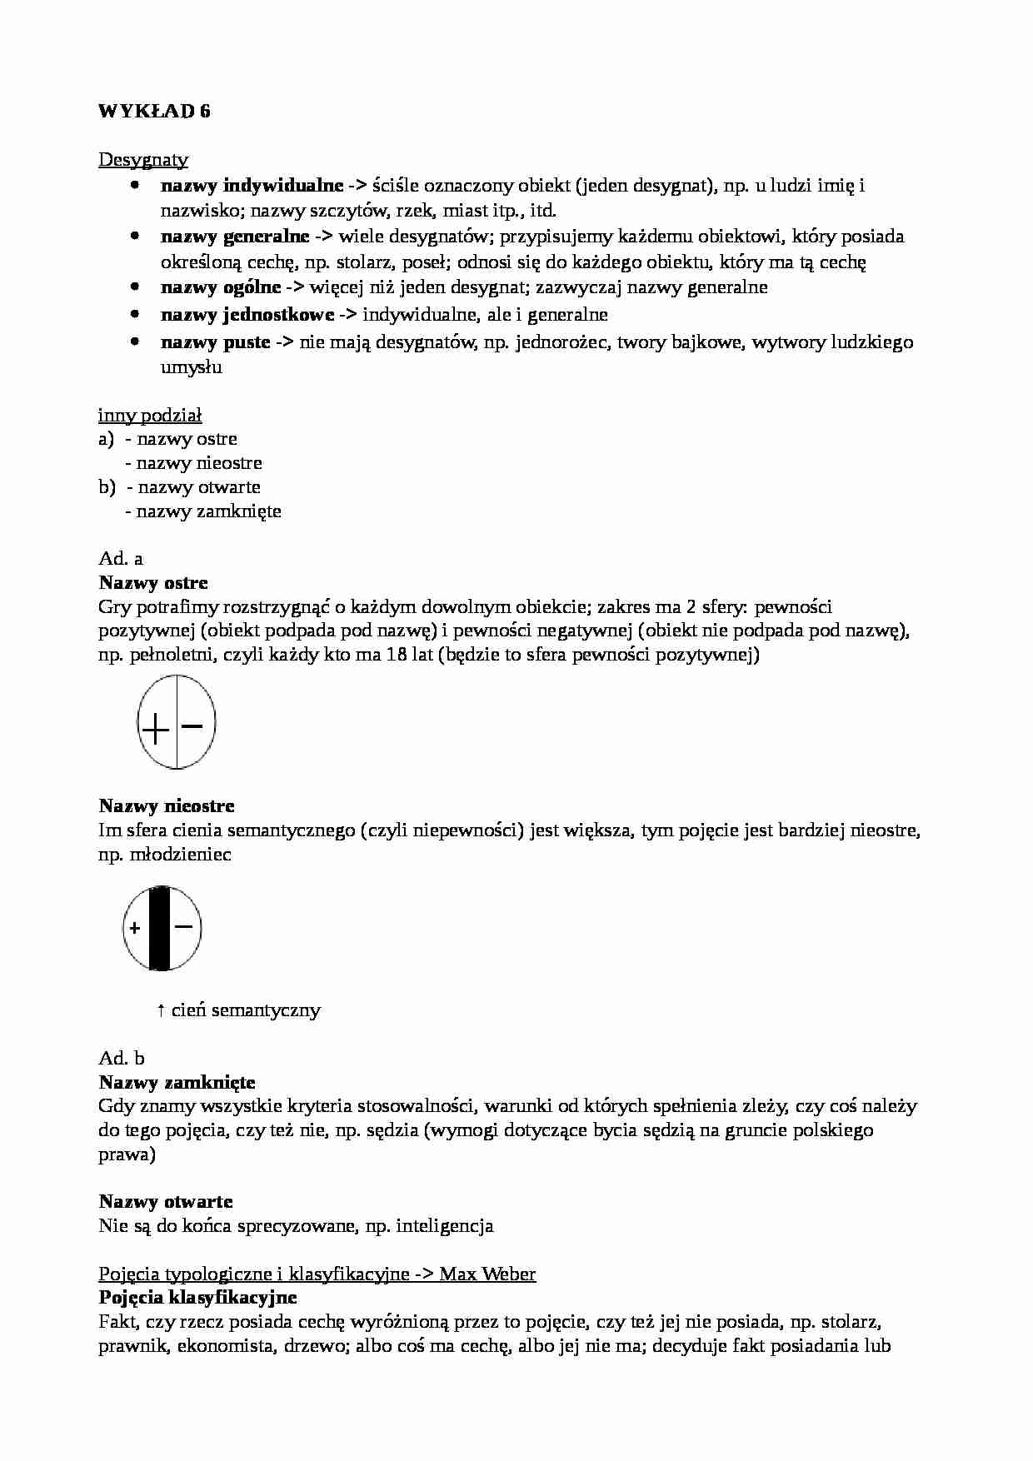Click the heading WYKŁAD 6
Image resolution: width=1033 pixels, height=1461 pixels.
(x=154, y=112)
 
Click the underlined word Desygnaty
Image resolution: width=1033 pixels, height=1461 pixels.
(x=143, y=159)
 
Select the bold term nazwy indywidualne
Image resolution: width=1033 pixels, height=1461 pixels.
(x=252, y=185)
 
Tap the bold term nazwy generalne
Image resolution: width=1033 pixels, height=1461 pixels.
(x=235, y=237)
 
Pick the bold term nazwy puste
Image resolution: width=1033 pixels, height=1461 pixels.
(x=215, y=342)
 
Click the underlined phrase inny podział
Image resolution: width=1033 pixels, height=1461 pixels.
(x=150, y=415)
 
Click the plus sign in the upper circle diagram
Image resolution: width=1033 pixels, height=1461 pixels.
(x=155, y=730)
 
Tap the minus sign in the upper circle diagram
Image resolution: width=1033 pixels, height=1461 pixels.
(x=192, y=726)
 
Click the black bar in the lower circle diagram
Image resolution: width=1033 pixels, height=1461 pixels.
(x=160, y=928)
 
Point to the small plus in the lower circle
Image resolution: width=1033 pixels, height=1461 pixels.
(x=134, y=928)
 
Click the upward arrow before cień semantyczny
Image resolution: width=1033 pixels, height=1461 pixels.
(x=161, y=1010)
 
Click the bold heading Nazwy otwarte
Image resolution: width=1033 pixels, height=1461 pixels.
(x=166, y=1201)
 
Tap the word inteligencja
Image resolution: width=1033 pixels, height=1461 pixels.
(x=445, y=1225)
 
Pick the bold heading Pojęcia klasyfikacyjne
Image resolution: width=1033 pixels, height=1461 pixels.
(x=197, y=1298)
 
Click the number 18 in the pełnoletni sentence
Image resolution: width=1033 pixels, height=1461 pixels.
(x=397, y=655)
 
